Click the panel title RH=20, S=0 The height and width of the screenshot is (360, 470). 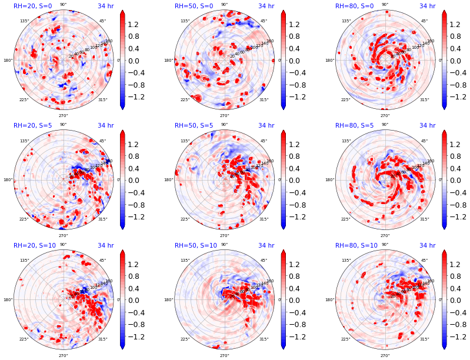(33, 6)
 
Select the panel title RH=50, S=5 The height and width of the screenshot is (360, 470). (194, 125)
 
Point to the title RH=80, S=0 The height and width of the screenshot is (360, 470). (355, 6)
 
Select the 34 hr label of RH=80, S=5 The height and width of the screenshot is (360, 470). (427, 125)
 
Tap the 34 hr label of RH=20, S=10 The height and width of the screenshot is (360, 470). (105, 245)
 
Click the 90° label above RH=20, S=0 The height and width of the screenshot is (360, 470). (63, 5)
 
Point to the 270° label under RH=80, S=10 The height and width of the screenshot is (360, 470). (385, 355)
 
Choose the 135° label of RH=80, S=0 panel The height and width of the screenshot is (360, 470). (345, 21)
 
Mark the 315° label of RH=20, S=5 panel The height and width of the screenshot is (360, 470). (102, 219)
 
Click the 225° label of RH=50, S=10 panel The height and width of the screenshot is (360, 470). (185, 339)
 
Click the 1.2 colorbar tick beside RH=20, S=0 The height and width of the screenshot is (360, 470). (135, 25)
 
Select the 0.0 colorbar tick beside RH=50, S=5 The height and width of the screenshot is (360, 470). (296, 180)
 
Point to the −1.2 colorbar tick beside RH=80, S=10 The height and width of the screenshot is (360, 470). (455, 336)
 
